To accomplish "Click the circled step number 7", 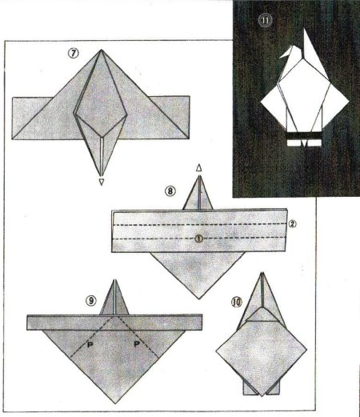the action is (x=74, y=54).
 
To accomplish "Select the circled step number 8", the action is (x=170, y=191).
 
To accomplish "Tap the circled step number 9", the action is (x=90, y=301).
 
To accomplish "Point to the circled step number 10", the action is (x=236, y=302).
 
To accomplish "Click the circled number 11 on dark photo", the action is (x=265, y=21).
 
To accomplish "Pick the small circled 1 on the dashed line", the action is (x=198, y=239).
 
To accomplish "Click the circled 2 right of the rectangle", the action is (x=292, y=223).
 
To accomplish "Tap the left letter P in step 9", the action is (x=90, y=345).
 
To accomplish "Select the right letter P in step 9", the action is (x=137, y=344).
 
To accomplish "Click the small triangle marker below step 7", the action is (x=101, y=182).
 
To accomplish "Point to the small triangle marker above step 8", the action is (x=198, y=168).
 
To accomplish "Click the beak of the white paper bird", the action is (x=285, y=54).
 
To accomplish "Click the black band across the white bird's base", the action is (x=304, y=135).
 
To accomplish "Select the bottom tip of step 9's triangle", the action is (x=115, y=403).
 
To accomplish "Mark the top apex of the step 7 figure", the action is (x=101, y=50).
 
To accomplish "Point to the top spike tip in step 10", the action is (x=262, y=273).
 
